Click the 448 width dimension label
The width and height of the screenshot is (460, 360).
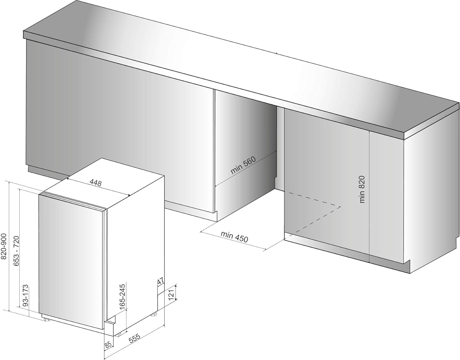pyautogui.click(x=96, y=183)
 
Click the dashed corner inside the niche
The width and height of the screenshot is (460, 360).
pyautogui.click(x=340, y=206)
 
